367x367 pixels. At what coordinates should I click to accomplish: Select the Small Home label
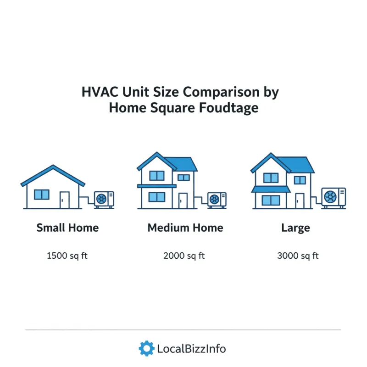pos(67,228)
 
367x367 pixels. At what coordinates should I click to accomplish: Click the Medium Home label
pos(185,228)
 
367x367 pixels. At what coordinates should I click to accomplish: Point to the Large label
pos(295,228)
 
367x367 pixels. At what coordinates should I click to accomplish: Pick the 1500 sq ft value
pos(67,256)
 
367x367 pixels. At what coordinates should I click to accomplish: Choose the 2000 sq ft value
pos(183,256)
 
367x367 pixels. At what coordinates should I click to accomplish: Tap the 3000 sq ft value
pos(298,256)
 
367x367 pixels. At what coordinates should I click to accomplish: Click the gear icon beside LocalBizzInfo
pos(146,349)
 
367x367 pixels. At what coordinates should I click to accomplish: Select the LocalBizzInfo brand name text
pos(191,349)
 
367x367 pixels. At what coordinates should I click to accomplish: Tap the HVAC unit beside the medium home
pos(217,199)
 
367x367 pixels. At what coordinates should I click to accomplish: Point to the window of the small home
pos(42,195)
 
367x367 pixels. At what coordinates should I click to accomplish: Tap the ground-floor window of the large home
pos(271,200)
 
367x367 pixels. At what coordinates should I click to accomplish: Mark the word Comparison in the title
pos(217,92)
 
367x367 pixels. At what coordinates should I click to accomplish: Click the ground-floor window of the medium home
pos(157,197)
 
